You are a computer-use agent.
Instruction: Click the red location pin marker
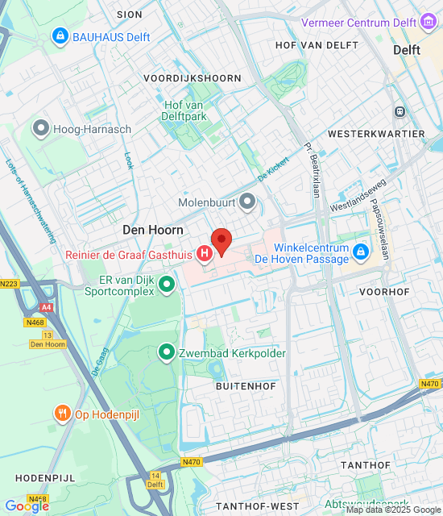[221, 240]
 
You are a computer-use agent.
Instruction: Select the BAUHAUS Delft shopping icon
[60, 35]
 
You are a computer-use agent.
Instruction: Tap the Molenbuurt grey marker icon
[248, 200]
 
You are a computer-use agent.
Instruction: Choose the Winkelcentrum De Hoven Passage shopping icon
[361, 253]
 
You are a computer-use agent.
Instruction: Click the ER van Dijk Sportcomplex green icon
[167, 283]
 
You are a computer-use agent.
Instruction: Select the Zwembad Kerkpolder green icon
[167, 352]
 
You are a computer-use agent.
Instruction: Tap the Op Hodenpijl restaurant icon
[62, 414]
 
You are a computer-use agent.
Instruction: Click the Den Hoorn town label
[153, 230]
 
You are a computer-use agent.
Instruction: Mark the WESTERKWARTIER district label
[376, 133]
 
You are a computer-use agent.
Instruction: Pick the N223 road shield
[9, 283]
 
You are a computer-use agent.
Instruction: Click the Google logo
[26, 506]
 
